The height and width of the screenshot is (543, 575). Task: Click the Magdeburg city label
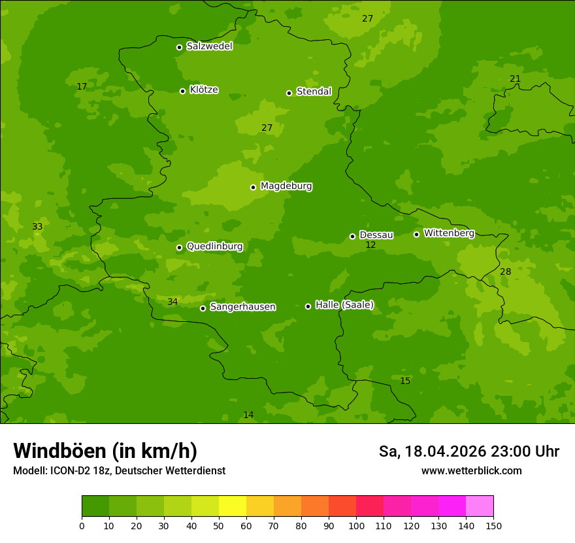[x=286, y=186]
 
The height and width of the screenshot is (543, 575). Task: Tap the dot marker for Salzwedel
[x=179, y=47]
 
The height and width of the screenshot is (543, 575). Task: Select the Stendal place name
[x=314, y=92]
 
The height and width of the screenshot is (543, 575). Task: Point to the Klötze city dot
[x=182, y=91]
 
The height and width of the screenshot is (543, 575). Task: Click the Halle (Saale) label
[x=344, y=305]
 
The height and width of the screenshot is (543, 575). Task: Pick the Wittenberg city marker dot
[x=416, y=234]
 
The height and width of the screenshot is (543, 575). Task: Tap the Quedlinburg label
[x=214, y=247]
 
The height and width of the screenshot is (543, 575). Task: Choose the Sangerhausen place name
[x=242, y=307]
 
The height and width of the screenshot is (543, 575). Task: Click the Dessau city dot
[x=352, y=236]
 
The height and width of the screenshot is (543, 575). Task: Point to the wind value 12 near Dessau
[x=370, y=245]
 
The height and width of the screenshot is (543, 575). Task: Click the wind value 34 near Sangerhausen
[x=172, y=302]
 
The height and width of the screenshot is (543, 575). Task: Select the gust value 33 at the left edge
[x=37, y=227]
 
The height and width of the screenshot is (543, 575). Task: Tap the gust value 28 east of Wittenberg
[x=506, y=272]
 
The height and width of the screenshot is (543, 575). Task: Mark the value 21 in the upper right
[x=515, y=79]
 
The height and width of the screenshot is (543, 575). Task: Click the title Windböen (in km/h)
[x=105, y=451]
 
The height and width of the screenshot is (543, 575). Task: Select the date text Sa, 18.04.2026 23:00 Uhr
[x=468, y=451]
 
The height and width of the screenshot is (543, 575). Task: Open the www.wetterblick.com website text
[x=471, y=471]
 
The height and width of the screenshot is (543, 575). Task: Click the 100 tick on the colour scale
[x=356, y=525]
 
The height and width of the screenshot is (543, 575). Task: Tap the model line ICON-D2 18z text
[x=119, y=471]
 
